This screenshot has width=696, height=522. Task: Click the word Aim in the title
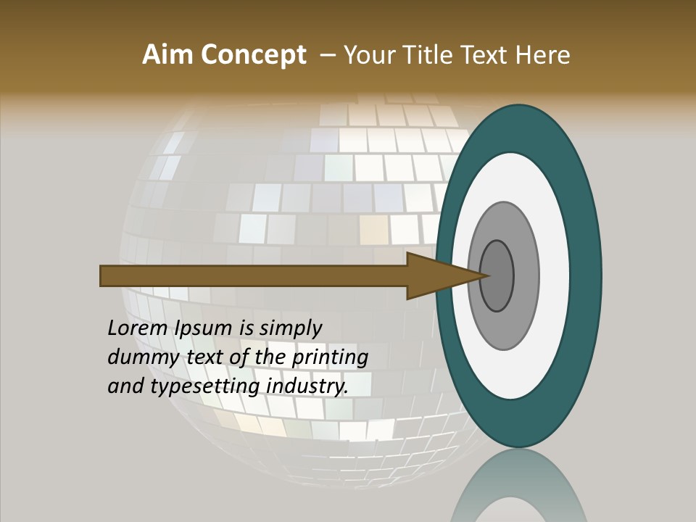coord(166,55)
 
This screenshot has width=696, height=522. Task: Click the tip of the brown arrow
coord(488,275)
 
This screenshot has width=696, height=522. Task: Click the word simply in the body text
coord(291,328)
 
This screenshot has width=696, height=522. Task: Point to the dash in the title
coord(327,55)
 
